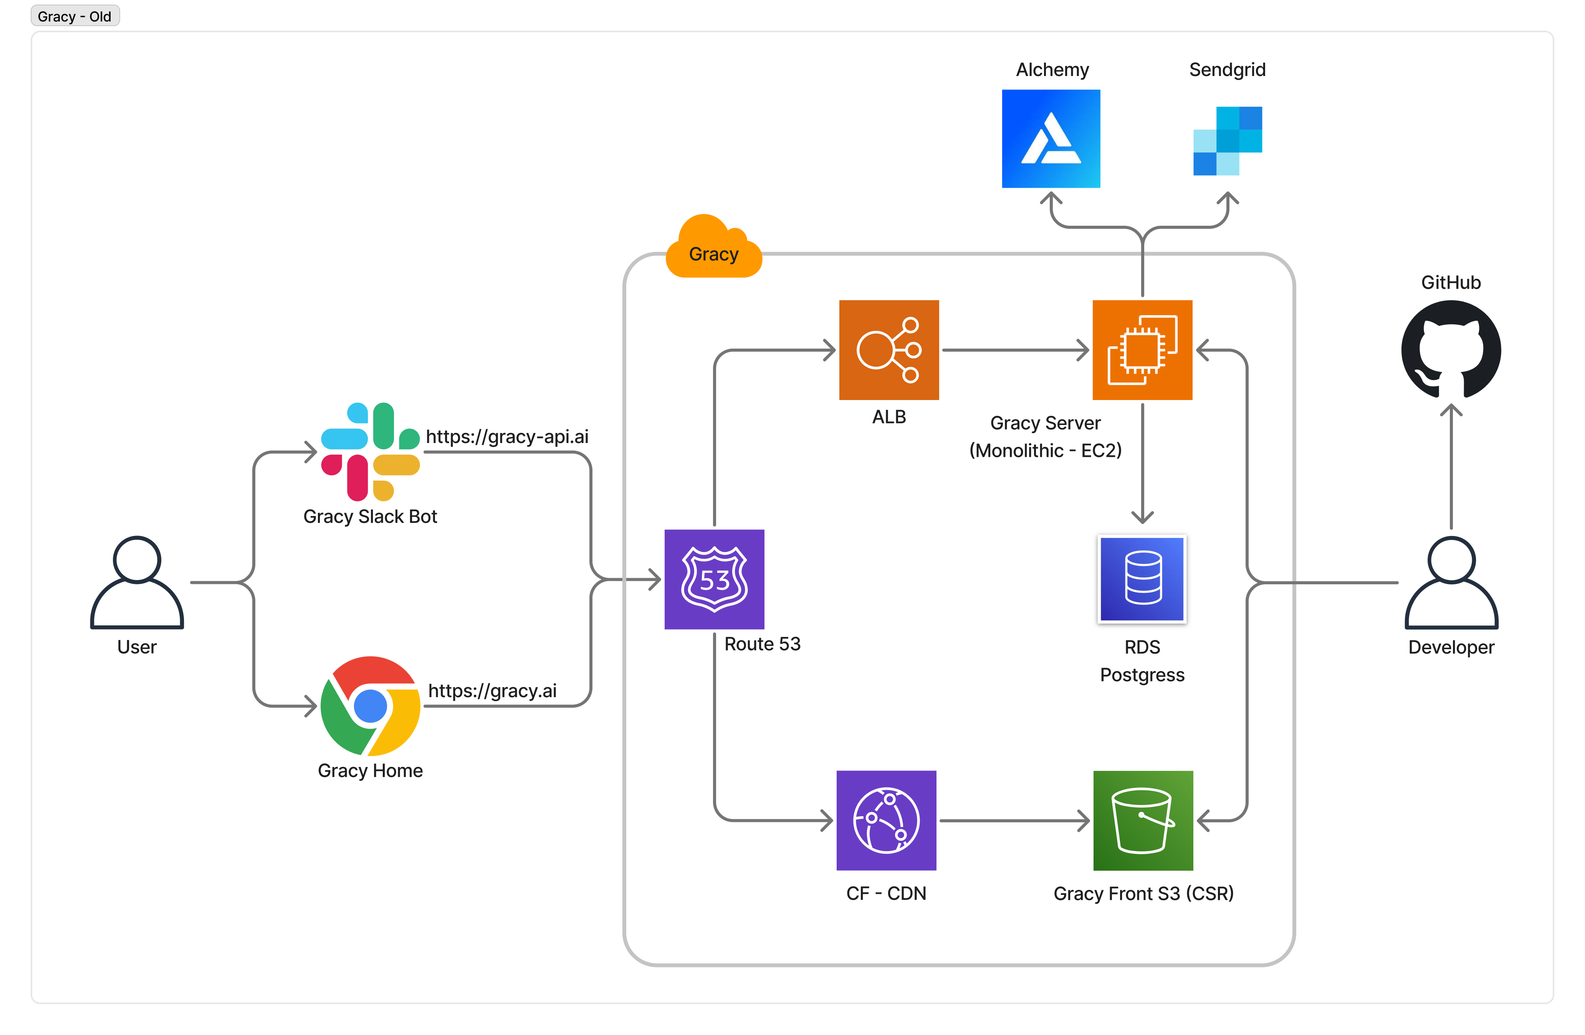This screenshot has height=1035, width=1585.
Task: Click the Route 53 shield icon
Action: (x=714, y=579)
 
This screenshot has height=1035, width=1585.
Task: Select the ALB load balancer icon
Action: (x=888, y=350)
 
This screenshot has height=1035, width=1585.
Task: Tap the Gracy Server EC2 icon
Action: (x=1142, y=350)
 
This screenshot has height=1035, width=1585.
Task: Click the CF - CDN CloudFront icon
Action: (x=886, y=820)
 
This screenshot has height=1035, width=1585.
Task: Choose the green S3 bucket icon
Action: (x=1143, y=820)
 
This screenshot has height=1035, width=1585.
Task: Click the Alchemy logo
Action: (x=1051, y=139)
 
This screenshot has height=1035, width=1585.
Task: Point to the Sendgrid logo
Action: (x=1228, y=141)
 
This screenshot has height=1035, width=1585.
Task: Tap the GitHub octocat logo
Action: (x=1451, y=350)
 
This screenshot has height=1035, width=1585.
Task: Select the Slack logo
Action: (x=370, y=451)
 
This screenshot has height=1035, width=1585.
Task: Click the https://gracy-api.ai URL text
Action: (x=507, y=437)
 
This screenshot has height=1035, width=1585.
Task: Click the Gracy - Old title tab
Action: (x=74, y=16)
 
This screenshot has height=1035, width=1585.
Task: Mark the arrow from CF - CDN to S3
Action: (x=1014, y=820)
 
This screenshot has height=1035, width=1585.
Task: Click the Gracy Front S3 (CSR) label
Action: (x=1143, y=893)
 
